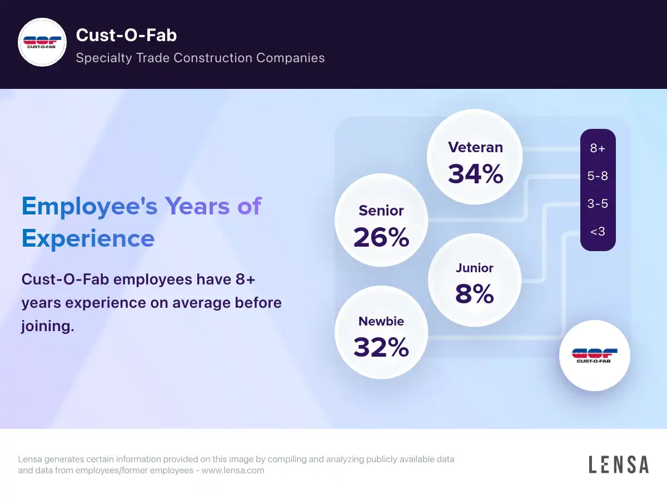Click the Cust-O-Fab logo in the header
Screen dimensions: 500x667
pos(43,43)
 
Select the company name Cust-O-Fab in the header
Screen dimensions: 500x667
pos(126,36)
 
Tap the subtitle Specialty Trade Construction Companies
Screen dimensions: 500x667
pos(200,58)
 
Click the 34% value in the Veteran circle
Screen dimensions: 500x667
pos(475,173)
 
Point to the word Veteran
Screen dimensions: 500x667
pos(475,147)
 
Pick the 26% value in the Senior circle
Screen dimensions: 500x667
pos(381,237)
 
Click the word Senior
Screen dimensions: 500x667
pos(381,211)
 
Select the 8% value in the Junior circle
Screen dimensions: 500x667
pos(474,294)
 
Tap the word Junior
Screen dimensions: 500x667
pos(474,268)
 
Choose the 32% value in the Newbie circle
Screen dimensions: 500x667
pos(381,347)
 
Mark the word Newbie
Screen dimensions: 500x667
pos(381,321)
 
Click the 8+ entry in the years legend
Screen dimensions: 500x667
pos(598,148)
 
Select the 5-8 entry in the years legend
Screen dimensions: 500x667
pos(598,176)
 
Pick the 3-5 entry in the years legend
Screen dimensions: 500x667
pos(598,204)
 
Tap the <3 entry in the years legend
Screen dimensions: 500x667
pos(598,231)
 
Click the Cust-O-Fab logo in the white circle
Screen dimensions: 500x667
pos(594,356)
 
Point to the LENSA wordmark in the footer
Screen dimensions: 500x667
pos(619,464)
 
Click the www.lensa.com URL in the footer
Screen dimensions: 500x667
pos(232,471)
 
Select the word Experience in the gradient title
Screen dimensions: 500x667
pos(88,238)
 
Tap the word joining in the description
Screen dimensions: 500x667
pos(47,326)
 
